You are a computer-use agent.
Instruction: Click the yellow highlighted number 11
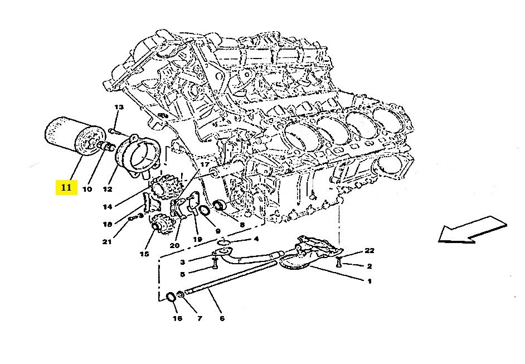tap(66, 187)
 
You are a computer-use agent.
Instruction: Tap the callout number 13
tap(119, 107)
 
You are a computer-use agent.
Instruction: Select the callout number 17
tap(205, 164)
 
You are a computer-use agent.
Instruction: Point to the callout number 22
tap(370, 250)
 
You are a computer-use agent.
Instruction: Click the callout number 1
tap(370, 281)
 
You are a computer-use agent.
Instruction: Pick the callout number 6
tap(222, 318)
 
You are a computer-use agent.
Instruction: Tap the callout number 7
tap(200, 318)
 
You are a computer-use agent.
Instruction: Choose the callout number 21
tap(107, 241)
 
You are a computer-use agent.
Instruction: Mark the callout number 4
tap(256, 239)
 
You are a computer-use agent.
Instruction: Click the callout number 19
tap(197, 239)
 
